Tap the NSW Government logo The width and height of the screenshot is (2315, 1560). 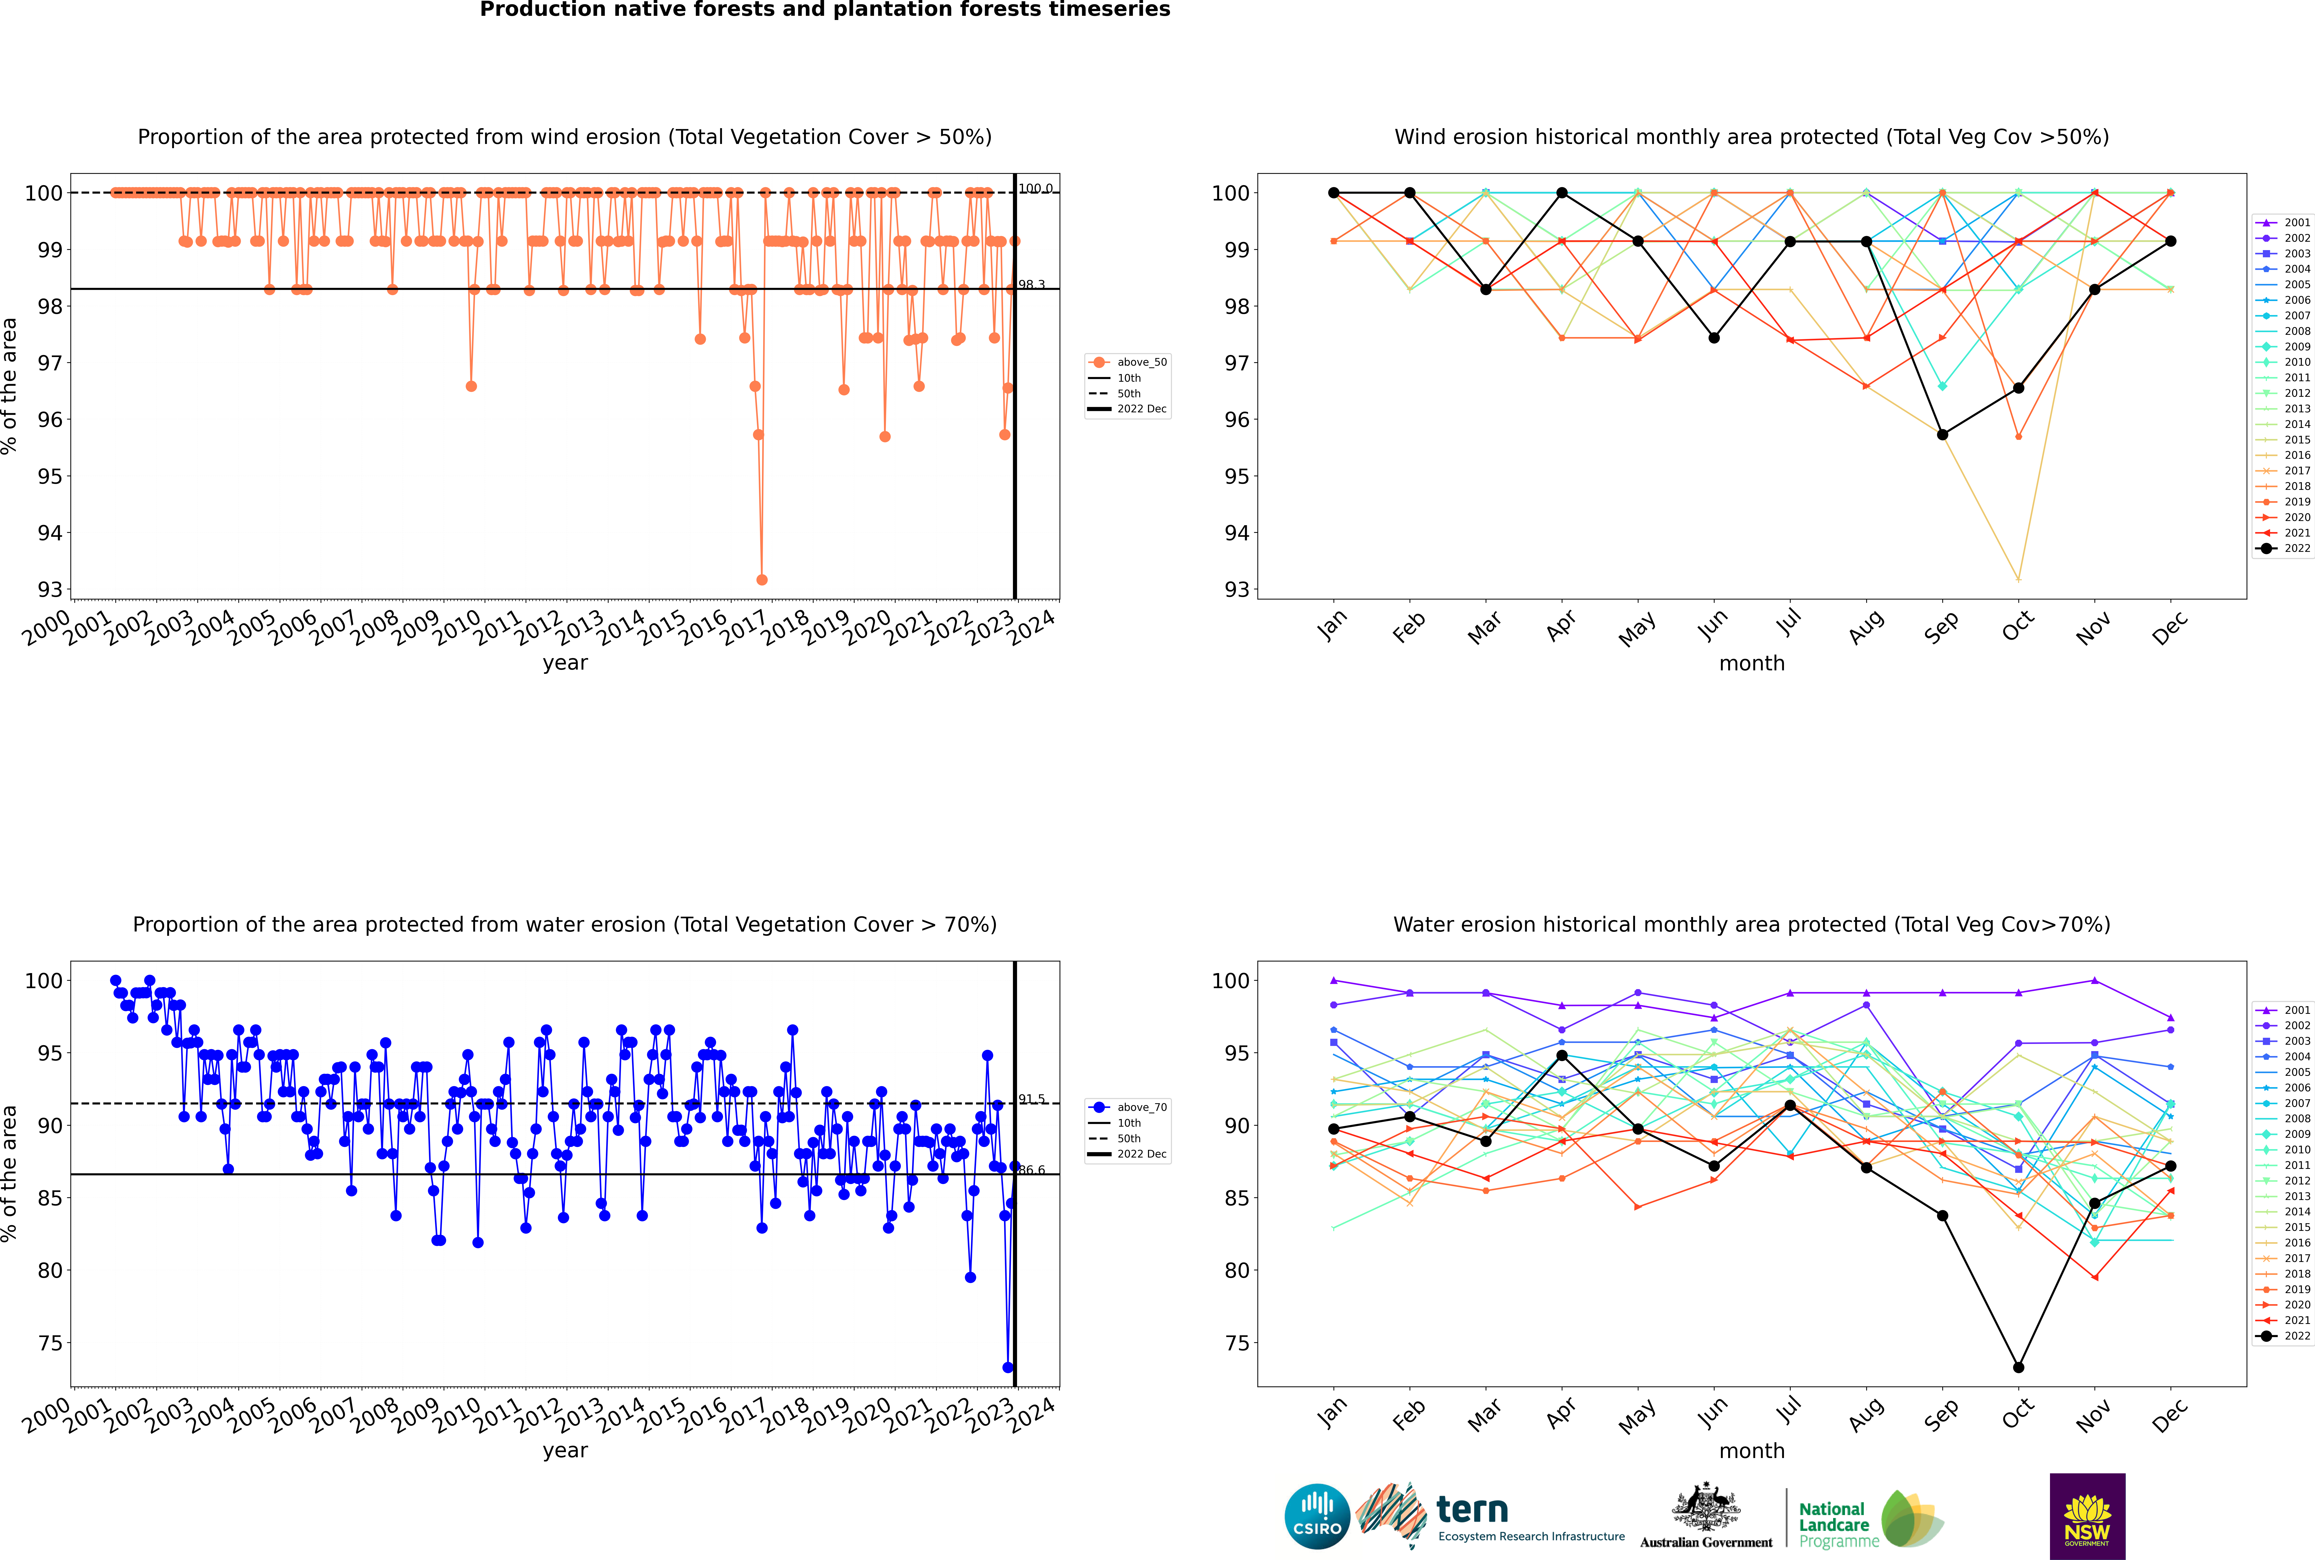pyautogui.click(x=2087, y=1516)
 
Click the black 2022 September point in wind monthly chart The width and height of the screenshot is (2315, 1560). pyautogui.click(x=1942, y=435)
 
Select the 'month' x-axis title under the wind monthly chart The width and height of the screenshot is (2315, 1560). pyautogui.click(x=1752, y=664)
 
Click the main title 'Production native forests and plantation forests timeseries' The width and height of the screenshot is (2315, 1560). pyautogui.click(x=825, y=10)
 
